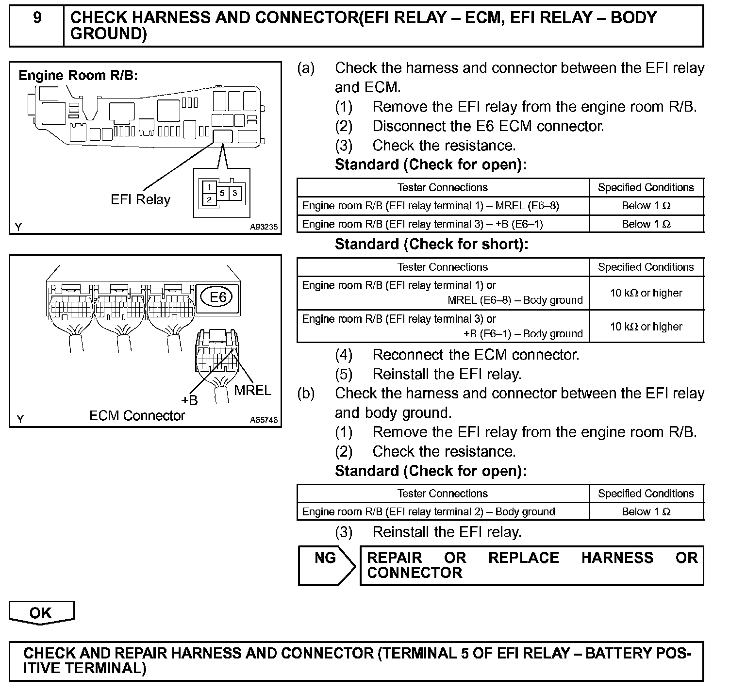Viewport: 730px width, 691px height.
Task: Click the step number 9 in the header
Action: [37, 18]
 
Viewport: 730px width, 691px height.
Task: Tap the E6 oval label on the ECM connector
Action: [217, 296]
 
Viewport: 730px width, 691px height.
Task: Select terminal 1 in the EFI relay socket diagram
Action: [209, 187]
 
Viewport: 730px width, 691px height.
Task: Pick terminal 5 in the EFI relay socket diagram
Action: [222, 193]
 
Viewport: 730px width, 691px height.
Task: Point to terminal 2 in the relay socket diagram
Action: [209, 199]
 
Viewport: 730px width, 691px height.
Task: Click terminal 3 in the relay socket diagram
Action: [234, 193]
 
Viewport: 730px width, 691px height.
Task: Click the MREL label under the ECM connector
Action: [252, 390]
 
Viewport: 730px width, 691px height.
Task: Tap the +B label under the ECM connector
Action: [190, 400]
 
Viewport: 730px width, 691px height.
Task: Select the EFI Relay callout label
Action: [141, 200]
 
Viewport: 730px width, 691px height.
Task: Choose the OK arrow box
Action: [41, 613]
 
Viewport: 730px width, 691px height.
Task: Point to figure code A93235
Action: [264, 227]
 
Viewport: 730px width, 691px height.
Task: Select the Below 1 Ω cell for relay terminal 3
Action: [646, 224]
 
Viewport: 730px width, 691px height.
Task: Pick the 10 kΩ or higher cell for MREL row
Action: [646, 293]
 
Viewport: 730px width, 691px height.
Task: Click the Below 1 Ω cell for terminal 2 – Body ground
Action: [646, 512]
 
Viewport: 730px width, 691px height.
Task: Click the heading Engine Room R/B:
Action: [78, 76]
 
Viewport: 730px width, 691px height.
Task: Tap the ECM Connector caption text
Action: [137, 416]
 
